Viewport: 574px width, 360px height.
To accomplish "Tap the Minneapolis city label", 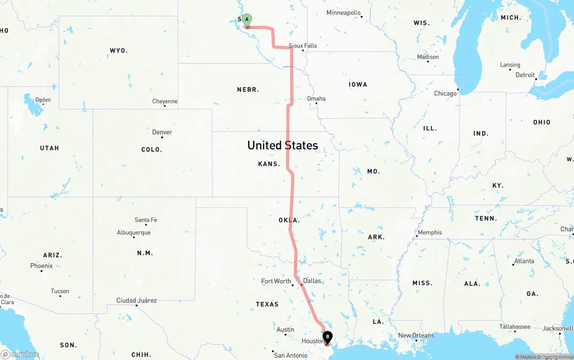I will pyautogui.click(x=344, y=13).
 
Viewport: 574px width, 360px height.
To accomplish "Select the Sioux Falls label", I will pyautogui.click(x=303, y=46).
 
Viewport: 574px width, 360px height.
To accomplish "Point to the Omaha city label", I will pyautogui.click(x=316, y=99).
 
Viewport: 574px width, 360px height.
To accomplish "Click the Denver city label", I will pyautogui.click(x=162, y=132).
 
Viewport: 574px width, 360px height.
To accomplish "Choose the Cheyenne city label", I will pyautogui.click(x=165, y=101).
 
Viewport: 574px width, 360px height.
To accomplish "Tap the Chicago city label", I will pyautogui.click(x=445, y=93).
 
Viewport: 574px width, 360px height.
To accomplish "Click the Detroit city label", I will pyautogui.click(x=525, y=75).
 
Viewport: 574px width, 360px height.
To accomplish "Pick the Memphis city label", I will pyautogui.click(x=430, y=232).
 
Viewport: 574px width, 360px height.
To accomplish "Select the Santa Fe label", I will pyautogui.click(x=146, y=220).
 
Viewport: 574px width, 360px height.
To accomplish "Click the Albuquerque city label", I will pyautogui.click(x=134, y=233).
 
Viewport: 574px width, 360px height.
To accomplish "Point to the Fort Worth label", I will pyautogui.click(x=276, y=281).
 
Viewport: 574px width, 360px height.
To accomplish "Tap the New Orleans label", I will pyautogui.click(x=416, y=335).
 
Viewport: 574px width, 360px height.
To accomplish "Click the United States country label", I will pyautogui.click(x=283, y=145).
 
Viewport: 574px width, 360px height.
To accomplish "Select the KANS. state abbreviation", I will pyautogui.click(x=269, y=164).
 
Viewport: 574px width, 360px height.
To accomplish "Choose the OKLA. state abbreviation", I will pyautogui.click(x=289, y=220).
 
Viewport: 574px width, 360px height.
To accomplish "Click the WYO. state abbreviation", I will pyautogui.click(x=119, y=51).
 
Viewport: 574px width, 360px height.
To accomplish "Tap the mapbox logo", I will pyautogui.click(x=19, y=354).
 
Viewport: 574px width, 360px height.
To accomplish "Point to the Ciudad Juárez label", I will pyautogui.click(x=136, y=300).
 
